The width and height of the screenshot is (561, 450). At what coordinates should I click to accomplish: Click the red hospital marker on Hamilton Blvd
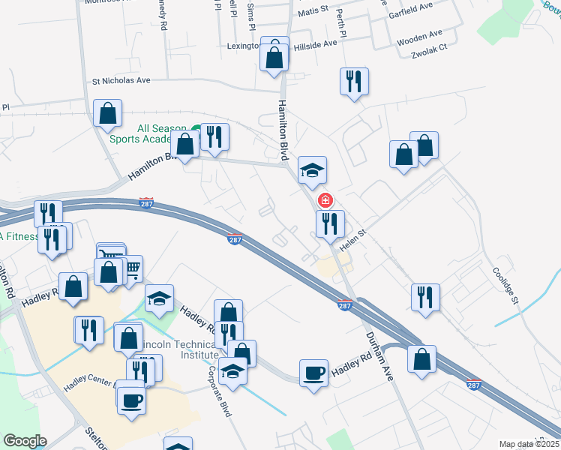click(x=325, y=200)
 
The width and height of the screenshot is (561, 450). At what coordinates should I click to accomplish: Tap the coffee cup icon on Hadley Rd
click(x=313, y=373)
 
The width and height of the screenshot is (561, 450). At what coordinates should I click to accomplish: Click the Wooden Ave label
click(x=420, y=34)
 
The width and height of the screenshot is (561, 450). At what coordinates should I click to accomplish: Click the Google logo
click(x=25, y=441)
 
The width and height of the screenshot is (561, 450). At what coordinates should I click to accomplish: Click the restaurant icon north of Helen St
click(x=329, y=223)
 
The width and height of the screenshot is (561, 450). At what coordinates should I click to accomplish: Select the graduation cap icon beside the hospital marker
click(x=313, y=170)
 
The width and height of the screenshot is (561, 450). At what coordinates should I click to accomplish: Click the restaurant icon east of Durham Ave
click(x=424, y=296)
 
